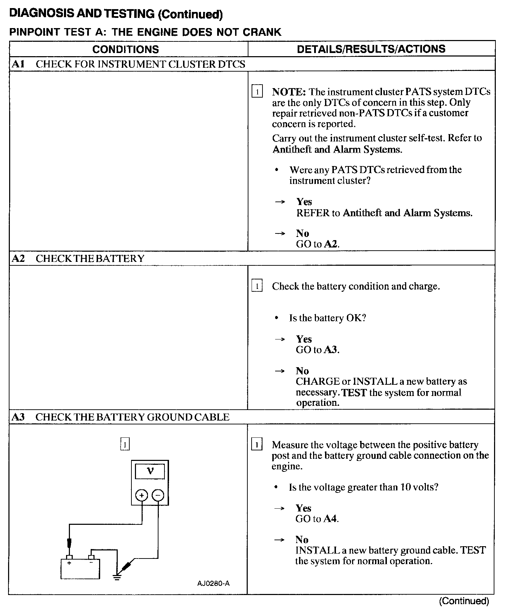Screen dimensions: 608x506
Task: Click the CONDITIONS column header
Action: point(125,49)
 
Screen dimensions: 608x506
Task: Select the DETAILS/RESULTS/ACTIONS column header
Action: point(371,49)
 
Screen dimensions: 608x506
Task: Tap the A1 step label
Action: point(18,64)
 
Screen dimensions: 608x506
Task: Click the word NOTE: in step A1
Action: point(289,92)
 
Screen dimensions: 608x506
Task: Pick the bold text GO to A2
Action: point(317,244)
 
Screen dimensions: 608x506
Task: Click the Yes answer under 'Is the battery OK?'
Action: point(304,339)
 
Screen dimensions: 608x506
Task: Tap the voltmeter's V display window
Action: point(150,471)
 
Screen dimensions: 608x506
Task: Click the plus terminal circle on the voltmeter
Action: point(142,495)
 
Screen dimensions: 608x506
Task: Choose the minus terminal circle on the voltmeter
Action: point(158,495)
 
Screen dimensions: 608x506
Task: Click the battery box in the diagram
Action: point(80,569)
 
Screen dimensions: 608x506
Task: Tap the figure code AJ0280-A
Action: point(213,583)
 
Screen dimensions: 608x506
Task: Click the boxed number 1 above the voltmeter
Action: point(125,445)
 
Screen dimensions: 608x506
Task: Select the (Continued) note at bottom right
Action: point(464,601)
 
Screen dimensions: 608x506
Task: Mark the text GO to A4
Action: point(317,518)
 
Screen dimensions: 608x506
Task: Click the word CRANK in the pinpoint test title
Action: point(262,32)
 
